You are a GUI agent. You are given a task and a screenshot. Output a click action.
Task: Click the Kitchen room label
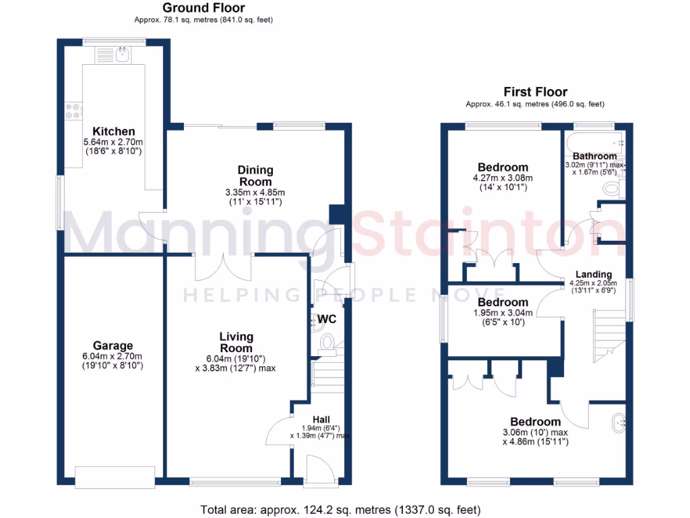pyautogui.click(x=114, y=131)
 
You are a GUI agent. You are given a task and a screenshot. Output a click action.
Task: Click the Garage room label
pyautogui.click(x=113, y=345)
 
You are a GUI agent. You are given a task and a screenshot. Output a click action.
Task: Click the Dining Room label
pyautogui.click(x=255, y=175)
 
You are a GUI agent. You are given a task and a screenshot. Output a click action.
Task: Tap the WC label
pyautogui.click(x=327, y=318)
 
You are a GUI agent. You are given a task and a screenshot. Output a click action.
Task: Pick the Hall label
pyautogui.click(x=321, y=419)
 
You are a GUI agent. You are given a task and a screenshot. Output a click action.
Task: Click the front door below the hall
pyautogui.click(x=315, y=470)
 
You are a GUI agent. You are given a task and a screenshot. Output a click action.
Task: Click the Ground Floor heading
pyautogui.click(x=203, y=8)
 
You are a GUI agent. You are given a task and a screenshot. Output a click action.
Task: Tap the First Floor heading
pyautogui.click(x=535, y=92)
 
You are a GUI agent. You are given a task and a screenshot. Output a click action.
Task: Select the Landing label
pyautogui.click(x=593, y=275)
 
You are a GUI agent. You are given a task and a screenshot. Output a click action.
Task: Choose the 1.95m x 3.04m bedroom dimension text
pyautogui.click(x=503, y=313)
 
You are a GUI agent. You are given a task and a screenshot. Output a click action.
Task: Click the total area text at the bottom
pyautogui.click(x=340, y=509)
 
